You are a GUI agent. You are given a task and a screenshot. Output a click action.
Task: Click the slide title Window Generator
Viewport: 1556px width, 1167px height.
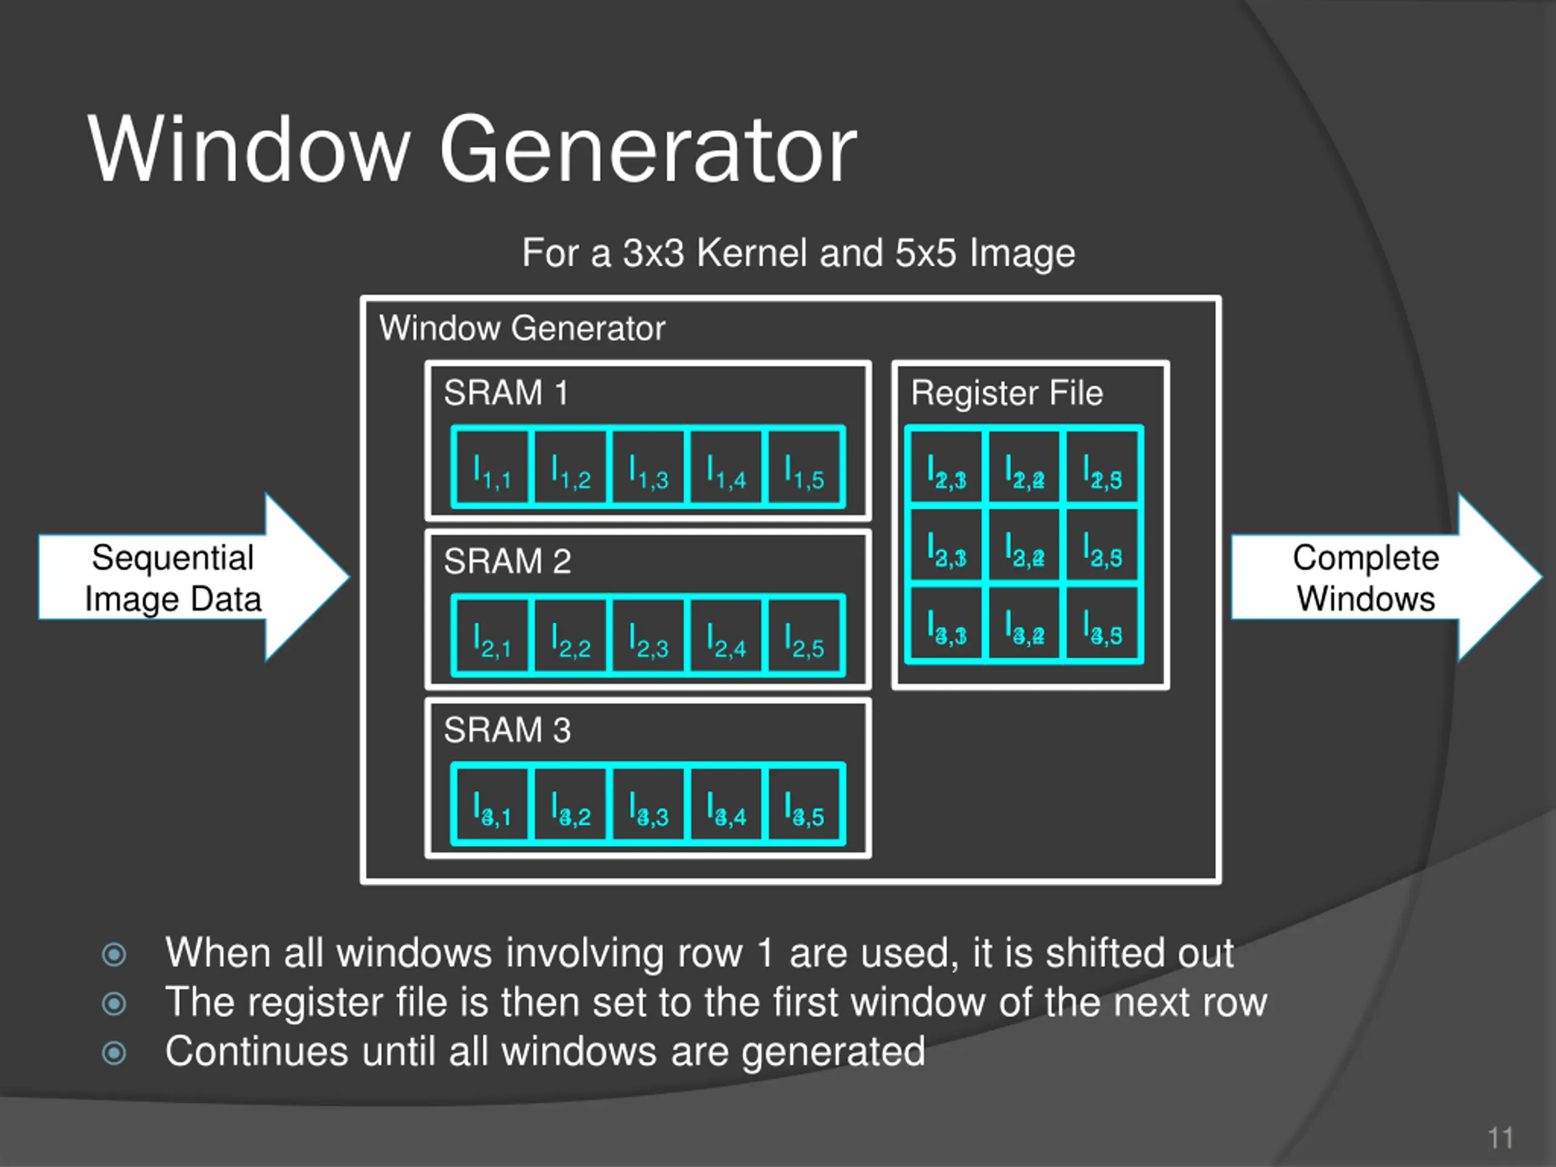pos(471,151)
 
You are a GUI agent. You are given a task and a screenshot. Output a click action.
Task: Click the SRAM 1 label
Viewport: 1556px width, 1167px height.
pos(505,393)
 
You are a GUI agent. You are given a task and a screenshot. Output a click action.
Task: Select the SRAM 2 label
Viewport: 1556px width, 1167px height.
pos(506,562)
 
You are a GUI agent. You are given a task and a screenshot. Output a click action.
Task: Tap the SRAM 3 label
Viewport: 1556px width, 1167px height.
pos(506,730)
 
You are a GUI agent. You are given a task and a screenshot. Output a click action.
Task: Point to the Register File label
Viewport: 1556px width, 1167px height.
pos(1007,393)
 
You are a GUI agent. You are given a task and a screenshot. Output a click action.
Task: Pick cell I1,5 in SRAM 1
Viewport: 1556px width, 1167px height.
pos(805,467)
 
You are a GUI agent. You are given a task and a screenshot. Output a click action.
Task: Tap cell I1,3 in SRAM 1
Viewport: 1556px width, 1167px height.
pos(648,467)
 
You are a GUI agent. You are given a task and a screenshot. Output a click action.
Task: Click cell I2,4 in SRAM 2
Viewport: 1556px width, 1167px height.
pos(726,636)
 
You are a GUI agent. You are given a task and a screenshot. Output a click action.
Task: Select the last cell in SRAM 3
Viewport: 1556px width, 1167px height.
pos(805,804)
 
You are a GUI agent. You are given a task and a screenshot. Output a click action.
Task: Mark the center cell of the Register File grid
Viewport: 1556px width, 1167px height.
pos(1024,546)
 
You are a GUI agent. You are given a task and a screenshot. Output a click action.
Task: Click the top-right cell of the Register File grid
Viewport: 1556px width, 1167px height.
pos(1103,468)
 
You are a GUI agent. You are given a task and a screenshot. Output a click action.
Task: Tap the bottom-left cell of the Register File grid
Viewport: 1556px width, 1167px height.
pos(945,624)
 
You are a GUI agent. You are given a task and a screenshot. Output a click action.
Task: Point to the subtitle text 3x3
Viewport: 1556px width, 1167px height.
pos(653,253)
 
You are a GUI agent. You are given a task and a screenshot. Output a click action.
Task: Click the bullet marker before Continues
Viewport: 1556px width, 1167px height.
pos(114,1053)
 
